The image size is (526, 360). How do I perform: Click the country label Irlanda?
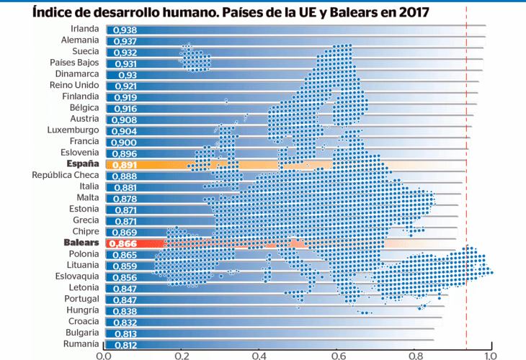84,29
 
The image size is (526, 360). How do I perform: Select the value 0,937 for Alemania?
126,41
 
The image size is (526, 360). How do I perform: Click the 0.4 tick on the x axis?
259,354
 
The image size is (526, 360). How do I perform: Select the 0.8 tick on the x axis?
414,354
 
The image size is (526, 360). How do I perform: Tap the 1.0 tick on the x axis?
491,354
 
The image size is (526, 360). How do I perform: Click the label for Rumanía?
81,344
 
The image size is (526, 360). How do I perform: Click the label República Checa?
66,175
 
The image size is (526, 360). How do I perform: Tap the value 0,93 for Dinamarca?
123,75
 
